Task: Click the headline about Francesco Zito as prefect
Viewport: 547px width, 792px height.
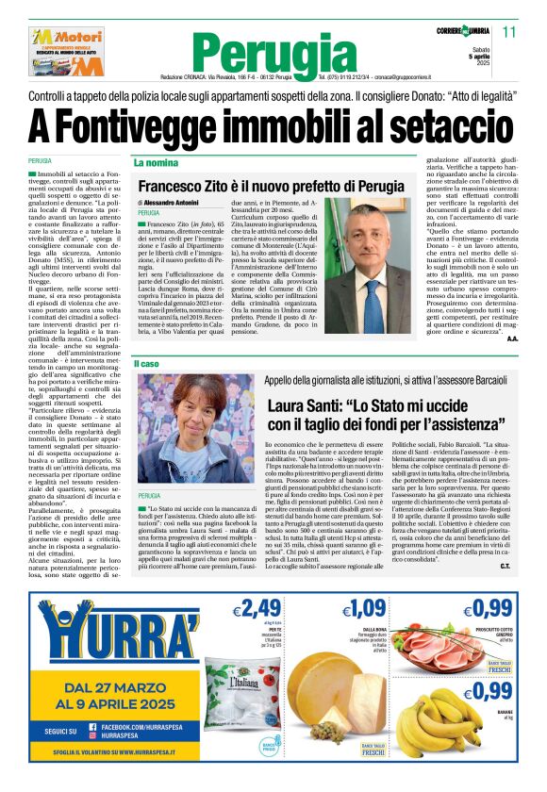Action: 270,187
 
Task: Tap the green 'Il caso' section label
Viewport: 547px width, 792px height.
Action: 147,363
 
